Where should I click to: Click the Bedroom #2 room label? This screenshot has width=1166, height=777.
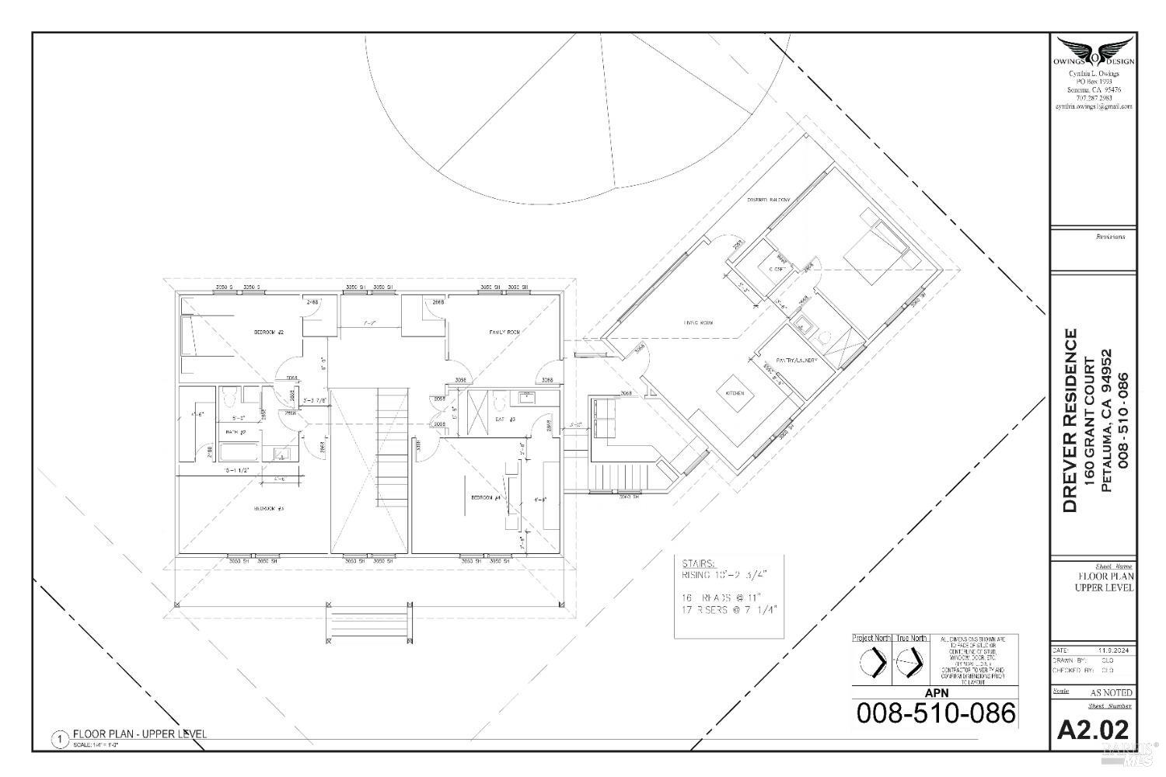pyautogui.click(x=269, y=332)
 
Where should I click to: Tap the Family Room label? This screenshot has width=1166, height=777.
pyautogui.click(x=504, y=332)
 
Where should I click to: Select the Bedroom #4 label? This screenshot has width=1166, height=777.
pyautogui.click(x=484, y=497)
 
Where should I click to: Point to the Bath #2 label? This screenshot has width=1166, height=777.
pyautogui.click(x=236, y=432)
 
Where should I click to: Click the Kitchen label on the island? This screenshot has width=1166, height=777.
pyautogui.click(x=735, y=393)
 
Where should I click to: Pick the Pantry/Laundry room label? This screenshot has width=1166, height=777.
pyautogui.click(x=793, y=361)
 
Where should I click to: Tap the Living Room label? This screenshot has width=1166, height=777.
pyautogui.click(x=698, y=322)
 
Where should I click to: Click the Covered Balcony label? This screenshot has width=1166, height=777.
pyautogui.click(x=769, y=200)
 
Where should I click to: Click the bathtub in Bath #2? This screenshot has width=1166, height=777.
pyautogui.click(x=240, y=452)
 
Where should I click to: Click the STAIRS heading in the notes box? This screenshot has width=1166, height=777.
pyautogui.click(x=698, y=563)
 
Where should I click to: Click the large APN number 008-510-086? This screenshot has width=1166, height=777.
pyautogui.click(x=936, y=713)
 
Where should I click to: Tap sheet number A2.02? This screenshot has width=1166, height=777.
pyautogui.click(x=1093, y=730)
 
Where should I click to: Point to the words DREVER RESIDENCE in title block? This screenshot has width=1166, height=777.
pyautogui.click(x=1070, y=420)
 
